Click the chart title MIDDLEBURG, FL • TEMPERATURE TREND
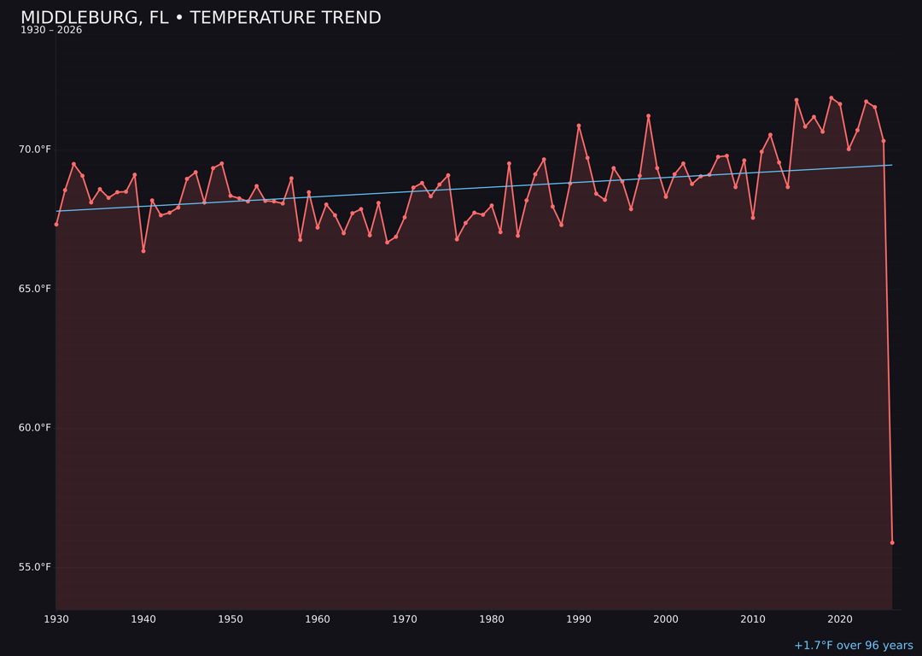tap(201, 18)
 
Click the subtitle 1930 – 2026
tap(51, 31)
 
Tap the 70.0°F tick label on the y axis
tap(35, 150)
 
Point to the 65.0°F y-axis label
tap(35, 290)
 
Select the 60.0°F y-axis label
tap(35, 428)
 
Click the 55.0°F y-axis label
tap(35, 567)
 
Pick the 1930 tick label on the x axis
tap(56, 619)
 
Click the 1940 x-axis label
tap(143, 619)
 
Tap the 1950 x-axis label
tap(230, 619)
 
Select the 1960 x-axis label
tap(318, 619)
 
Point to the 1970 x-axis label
tap(405, 619)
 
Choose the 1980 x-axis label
tap(492, 619)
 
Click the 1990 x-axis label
tap(579, 619)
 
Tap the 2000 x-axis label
tap(666, 619)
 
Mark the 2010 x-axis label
tap(753, 619)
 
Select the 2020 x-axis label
tap(840, 619)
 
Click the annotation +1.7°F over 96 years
tap(853, 646)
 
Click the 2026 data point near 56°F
tap(892, 542)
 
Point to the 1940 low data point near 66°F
tap(143, 251)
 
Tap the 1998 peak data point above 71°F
tap(648, 116)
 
